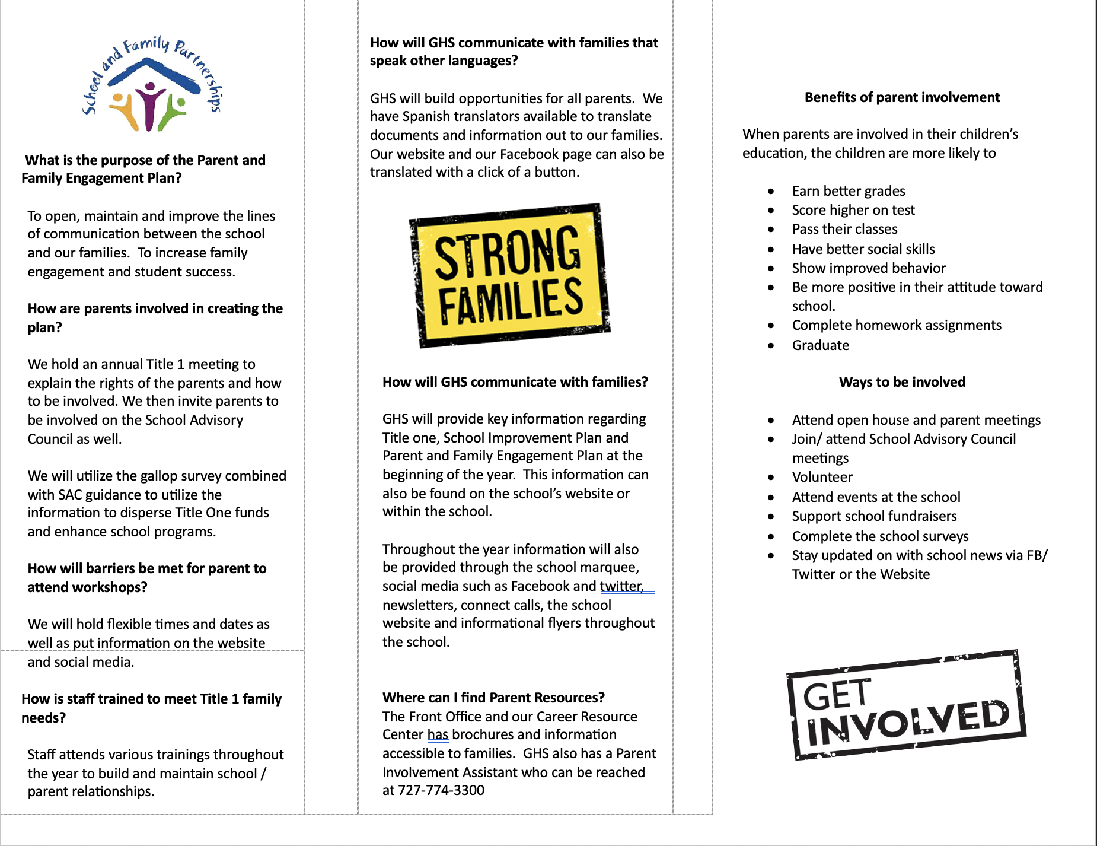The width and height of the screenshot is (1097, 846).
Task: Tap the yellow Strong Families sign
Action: [x=509, y=275]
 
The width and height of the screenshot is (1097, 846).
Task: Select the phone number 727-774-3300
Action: [x=441, y=790]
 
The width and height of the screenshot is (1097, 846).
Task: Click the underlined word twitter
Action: [x=621, y=586]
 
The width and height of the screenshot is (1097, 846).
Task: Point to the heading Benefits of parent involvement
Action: [x=902, y=97]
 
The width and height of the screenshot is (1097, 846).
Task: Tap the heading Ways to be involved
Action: [x=902, y=382]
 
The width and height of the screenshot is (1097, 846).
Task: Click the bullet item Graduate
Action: [x=820, y=345]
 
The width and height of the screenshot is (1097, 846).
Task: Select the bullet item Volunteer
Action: [x=822, y=477]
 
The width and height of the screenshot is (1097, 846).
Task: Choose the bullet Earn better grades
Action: [x=848, y=191]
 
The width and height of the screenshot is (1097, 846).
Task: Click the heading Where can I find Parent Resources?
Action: [x=493, y=698]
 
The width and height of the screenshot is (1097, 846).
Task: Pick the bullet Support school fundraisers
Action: [x=874, y=516]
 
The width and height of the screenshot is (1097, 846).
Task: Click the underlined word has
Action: [x=438, y=734]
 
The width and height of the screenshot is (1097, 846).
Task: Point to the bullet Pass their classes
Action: [x=844, y=229]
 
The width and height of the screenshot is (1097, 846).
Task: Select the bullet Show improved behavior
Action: [x=868, y=268]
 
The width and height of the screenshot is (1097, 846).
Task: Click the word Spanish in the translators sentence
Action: [x=425, y=116]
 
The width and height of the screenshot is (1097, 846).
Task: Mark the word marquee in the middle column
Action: [x=612, y=567]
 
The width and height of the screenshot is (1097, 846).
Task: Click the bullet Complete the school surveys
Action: [x=880, y=536]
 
